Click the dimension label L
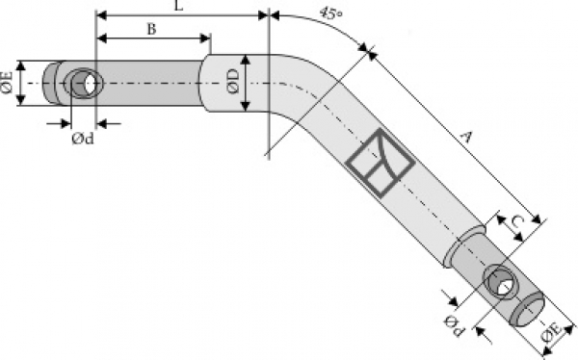coord(178,5)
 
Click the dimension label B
coord(151,29)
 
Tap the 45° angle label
coord(330,13)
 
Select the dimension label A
coord(466,138)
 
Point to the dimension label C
coord(517,221)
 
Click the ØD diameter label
coord(233,82)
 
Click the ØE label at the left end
coord(7,83)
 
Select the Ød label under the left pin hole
coord(83,139)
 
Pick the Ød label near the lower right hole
coord(454,325)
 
